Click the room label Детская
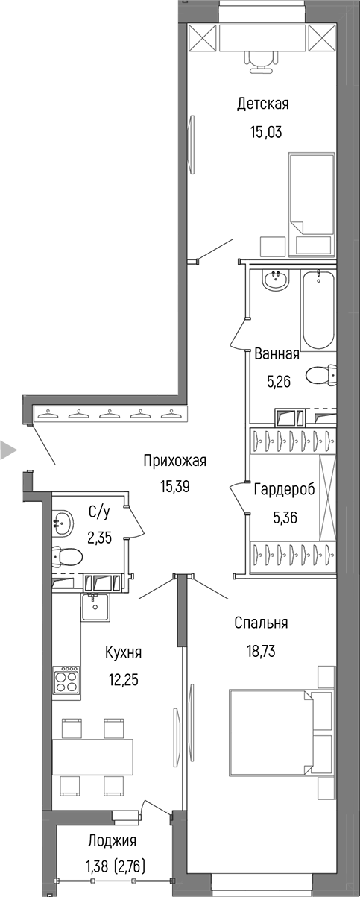[262, 104]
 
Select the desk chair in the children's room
[260, 60]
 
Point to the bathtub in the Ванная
[318, 312]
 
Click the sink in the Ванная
[276, 281]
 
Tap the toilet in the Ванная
[321, 374]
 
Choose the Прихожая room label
[174, 461]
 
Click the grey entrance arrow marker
[7, 450]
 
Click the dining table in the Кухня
[92, 756]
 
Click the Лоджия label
[112, 841]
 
